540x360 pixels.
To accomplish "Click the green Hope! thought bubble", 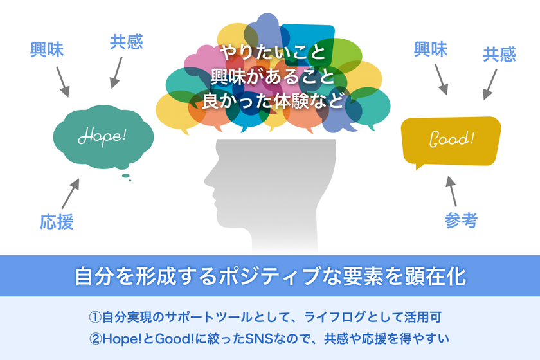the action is click(x=104, y=137).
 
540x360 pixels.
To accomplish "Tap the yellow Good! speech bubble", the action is click(x=451, y=141).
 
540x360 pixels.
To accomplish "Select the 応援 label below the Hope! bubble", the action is click(x=57, y=222).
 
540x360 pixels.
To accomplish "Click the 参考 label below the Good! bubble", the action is click(x=461, y=221).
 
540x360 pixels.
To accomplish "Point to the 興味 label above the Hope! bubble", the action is click(x=47, y=50).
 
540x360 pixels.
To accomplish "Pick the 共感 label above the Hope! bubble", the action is click(x=127, y=42).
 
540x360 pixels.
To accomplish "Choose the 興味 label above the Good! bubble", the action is click(x=431, y=50).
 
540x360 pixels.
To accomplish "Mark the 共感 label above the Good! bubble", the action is click(x=500, y=55).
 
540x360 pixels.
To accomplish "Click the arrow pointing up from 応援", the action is click(x=71, y=194).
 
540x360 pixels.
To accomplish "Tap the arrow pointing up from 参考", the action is click(x=451, y=191).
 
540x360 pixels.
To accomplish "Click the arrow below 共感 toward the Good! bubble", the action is click(x=490, y=84).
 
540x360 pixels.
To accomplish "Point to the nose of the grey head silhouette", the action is click(x=206, y=180).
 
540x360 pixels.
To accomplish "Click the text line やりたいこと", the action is click(x=273, y=52).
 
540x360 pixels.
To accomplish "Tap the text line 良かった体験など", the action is click(x=273, y=100).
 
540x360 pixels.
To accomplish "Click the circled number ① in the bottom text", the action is click(x=95, y=318).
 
